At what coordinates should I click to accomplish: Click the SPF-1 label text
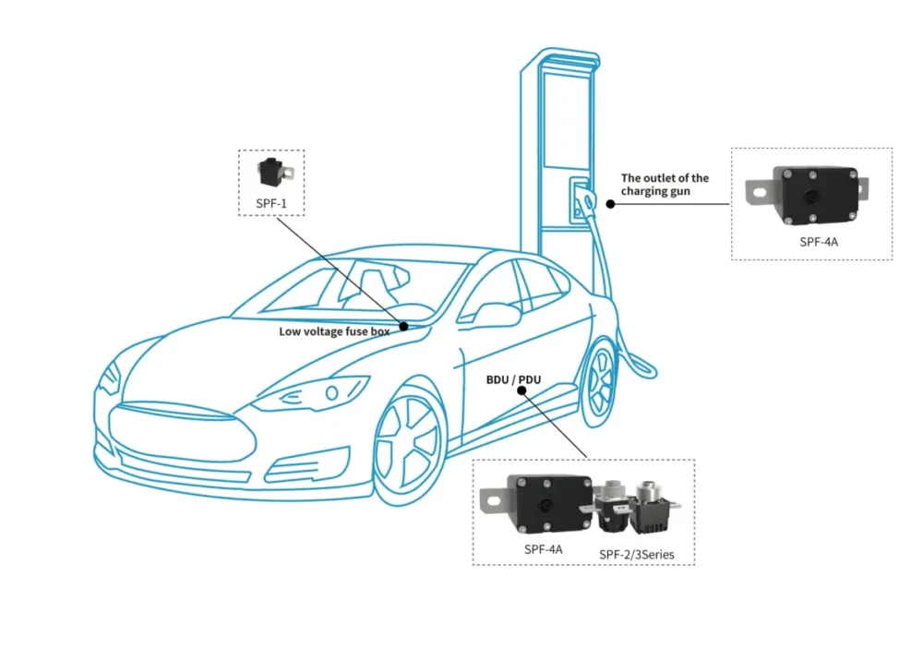pyautogui.click(x=270, y=201)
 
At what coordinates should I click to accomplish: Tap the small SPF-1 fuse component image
pyautogui.click(x=271, y=173)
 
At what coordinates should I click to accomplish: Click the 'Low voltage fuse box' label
pyautogui.click(x=334, y=330)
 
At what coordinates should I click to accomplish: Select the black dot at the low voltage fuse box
pyautogui.click(x=404, y=326)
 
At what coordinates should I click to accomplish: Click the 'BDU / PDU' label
pyautogui.click(x=514, y=379)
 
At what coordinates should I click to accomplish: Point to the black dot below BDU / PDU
pyautogui.click(x=522, y=390)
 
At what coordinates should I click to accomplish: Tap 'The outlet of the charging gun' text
pyautogui.click(x=665, y=185)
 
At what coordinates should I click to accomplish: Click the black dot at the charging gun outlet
pyautogui.click(x=610, y=203)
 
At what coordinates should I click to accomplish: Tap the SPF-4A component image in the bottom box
pyautogui.click(x=538, y=505)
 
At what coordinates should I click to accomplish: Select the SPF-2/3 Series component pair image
pyautogui.click(x=637, y=509)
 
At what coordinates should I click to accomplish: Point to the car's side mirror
pyautogui.click(x=496, y=314)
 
